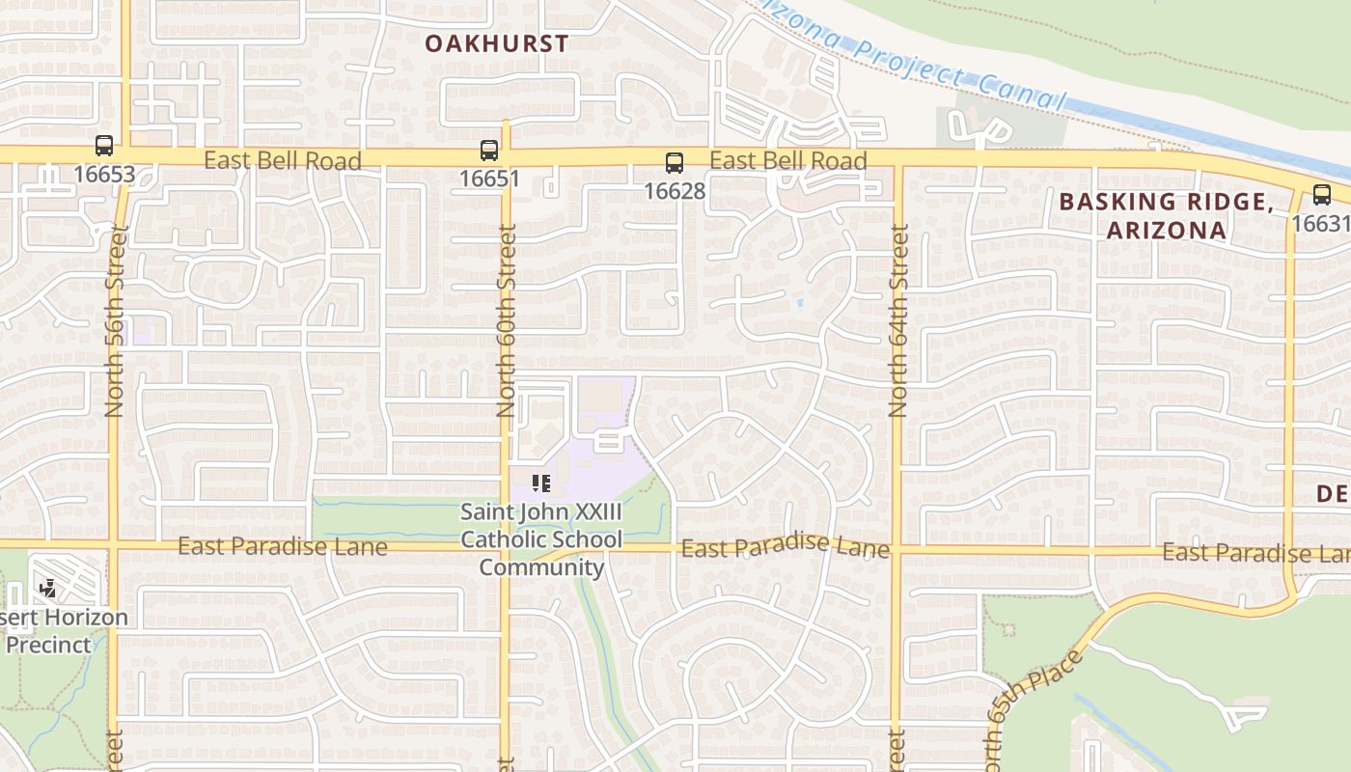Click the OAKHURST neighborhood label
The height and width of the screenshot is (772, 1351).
click(496, 43)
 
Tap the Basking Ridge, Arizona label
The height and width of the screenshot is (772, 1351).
click(1166, 215)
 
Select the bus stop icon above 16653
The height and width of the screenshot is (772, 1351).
click(104, 147)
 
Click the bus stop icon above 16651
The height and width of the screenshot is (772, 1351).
click(489, 151)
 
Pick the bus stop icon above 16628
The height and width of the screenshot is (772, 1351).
click(675, 163)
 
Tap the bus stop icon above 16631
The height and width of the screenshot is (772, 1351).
click(1321, 196)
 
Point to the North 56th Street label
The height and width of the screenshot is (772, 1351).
click(116, 320)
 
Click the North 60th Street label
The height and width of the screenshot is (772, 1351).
click(507, 320)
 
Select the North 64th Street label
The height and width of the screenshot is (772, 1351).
click(898, 320)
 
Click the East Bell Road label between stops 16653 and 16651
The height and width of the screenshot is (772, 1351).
click(282, 160)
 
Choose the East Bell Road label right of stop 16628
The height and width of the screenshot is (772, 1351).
click(787, 160)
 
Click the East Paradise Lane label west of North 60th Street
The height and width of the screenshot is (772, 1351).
click(282, 547)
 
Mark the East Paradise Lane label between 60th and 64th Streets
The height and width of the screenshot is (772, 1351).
click(785, 547)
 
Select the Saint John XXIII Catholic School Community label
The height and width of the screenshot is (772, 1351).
click(541, 539)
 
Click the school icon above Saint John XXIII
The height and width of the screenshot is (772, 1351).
click(540, 482)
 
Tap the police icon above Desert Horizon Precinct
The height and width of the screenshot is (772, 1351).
click(46, 588)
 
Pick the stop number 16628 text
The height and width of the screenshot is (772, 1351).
click(675, 191)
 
